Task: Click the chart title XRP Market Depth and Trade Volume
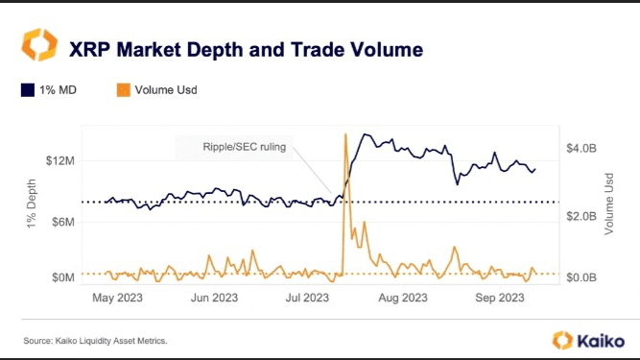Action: pos(247,50)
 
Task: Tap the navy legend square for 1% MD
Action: pos(28,90)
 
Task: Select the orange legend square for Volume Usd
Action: pos(123,90)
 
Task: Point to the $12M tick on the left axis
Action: pos(60,161)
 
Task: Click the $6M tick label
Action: pos(63,222)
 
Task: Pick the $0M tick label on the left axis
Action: pos(63,277)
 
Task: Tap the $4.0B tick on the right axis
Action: pos(581,148)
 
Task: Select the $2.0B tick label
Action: pos(581,216)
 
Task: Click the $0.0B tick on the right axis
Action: pos(581,277)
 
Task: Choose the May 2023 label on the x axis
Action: pos(118,298)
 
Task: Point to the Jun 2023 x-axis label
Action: pos(214,298)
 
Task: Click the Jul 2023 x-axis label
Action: pos(307,298)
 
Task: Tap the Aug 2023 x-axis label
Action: pos(403,298)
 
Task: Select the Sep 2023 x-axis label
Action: pos(500,298)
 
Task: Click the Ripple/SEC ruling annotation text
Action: pos(245,147)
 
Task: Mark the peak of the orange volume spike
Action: pos(345,134)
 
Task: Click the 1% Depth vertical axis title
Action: pos(32,204)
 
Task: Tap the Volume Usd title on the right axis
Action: pos(609,204)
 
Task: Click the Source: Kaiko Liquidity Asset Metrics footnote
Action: pos(96,341)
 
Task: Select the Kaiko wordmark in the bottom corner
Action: pos(601,341)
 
